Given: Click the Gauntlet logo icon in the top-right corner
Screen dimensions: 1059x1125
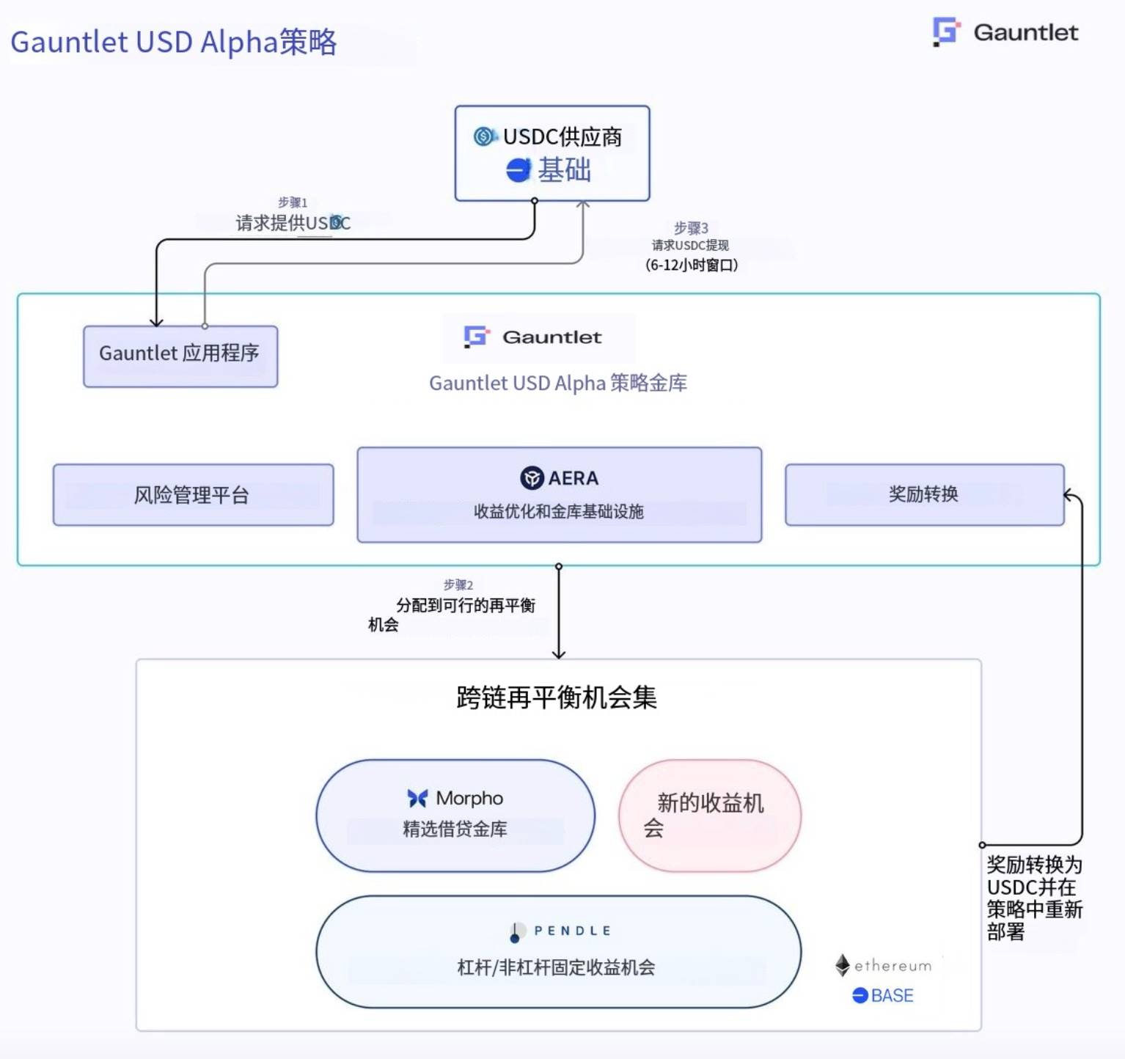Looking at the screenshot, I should pyautogui.click(x=945, y=32).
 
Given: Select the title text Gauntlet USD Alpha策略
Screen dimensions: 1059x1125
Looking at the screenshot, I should pyautogui.click(x=174, y=42).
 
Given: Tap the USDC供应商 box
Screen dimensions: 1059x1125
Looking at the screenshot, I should pyautogui.click(x=551, y=153).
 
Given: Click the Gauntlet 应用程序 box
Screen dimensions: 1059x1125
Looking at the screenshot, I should pyautogui.click(x=180, y=356).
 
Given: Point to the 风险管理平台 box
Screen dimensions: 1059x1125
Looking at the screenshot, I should pyautogui.click(x=193, y=494).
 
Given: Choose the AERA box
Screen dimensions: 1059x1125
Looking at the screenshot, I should pyautogui.click(x=559, y=494).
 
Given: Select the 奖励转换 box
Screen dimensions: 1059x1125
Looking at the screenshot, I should pyautogui.click(x=924, y=494).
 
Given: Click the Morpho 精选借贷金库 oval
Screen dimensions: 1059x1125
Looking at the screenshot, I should pyautogui.click(x=455, y=815).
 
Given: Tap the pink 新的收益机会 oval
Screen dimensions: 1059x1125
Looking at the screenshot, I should pyautogui.click(x=709, y=815).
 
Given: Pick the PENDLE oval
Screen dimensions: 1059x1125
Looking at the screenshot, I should pyautogui.click(x=557, y=951).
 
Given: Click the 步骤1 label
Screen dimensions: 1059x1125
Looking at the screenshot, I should pyautogui.click(x=292, y=202).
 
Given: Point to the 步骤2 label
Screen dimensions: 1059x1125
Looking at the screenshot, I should pyautogui.click(x=458, y=585).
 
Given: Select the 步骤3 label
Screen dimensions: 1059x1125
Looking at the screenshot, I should pyautogui.click(x=691, y=228).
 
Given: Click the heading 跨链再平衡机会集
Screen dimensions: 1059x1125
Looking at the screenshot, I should pyautogui.click(x=557, y=697).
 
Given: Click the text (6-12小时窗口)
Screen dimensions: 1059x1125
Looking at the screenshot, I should pyautogui.click(x=692, y=265).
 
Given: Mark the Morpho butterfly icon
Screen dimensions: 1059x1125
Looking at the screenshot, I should pyautogui.click(x=417, y=798).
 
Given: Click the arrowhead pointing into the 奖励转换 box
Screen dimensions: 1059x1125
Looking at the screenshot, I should pyautogui.click(x=1069, y=495).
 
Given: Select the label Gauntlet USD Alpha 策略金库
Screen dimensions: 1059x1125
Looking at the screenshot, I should pyautogui.click(x=558, y=383).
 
